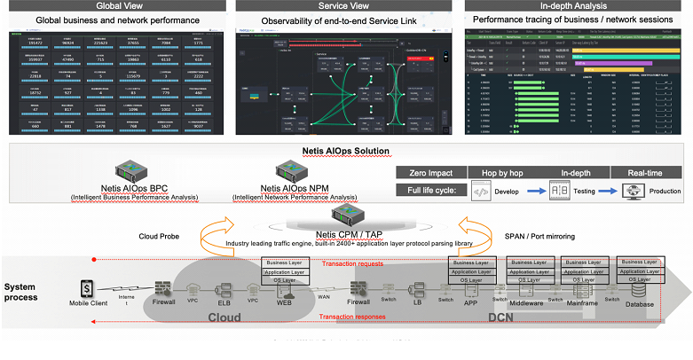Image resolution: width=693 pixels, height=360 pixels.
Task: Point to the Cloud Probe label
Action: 161,236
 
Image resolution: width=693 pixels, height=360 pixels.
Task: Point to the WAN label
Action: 324,296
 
